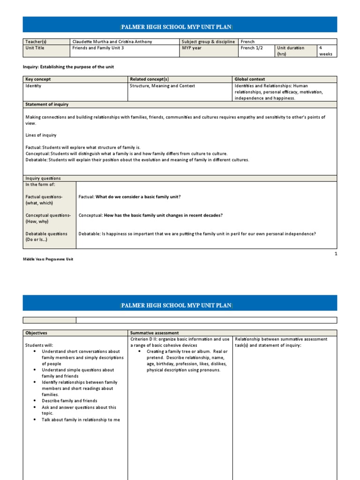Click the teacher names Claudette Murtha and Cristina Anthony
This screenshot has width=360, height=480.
click(112, 42)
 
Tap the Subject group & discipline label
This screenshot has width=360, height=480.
click(208, 42)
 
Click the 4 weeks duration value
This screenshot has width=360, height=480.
click(325, 51)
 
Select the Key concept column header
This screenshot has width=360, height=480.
click(39, 80)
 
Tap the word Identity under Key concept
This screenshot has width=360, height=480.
click(33, 86)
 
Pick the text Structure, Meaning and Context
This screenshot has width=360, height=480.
click(162, 86)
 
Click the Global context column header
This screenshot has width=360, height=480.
click(250, 80)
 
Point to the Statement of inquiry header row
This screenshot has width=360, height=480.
click(47, 105)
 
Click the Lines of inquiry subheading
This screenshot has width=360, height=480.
click(41, 135)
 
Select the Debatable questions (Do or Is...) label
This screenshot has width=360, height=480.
click(46, 237)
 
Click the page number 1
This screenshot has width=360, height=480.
click(336, 254)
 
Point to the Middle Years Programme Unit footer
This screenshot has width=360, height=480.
click(48, 259)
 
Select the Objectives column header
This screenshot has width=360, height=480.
click(37, 333)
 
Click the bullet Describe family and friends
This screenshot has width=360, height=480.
click(69, 401)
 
